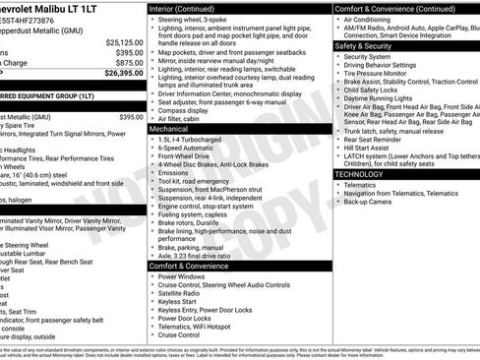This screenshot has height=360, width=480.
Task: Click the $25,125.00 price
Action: pyautogui.click(x=124, y=42)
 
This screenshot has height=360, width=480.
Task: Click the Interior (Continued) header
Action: pyautogui.click(x=190, y=7)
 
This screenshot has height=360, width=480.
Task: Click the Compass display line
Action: pyautogui.click(x=187, y=110)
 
